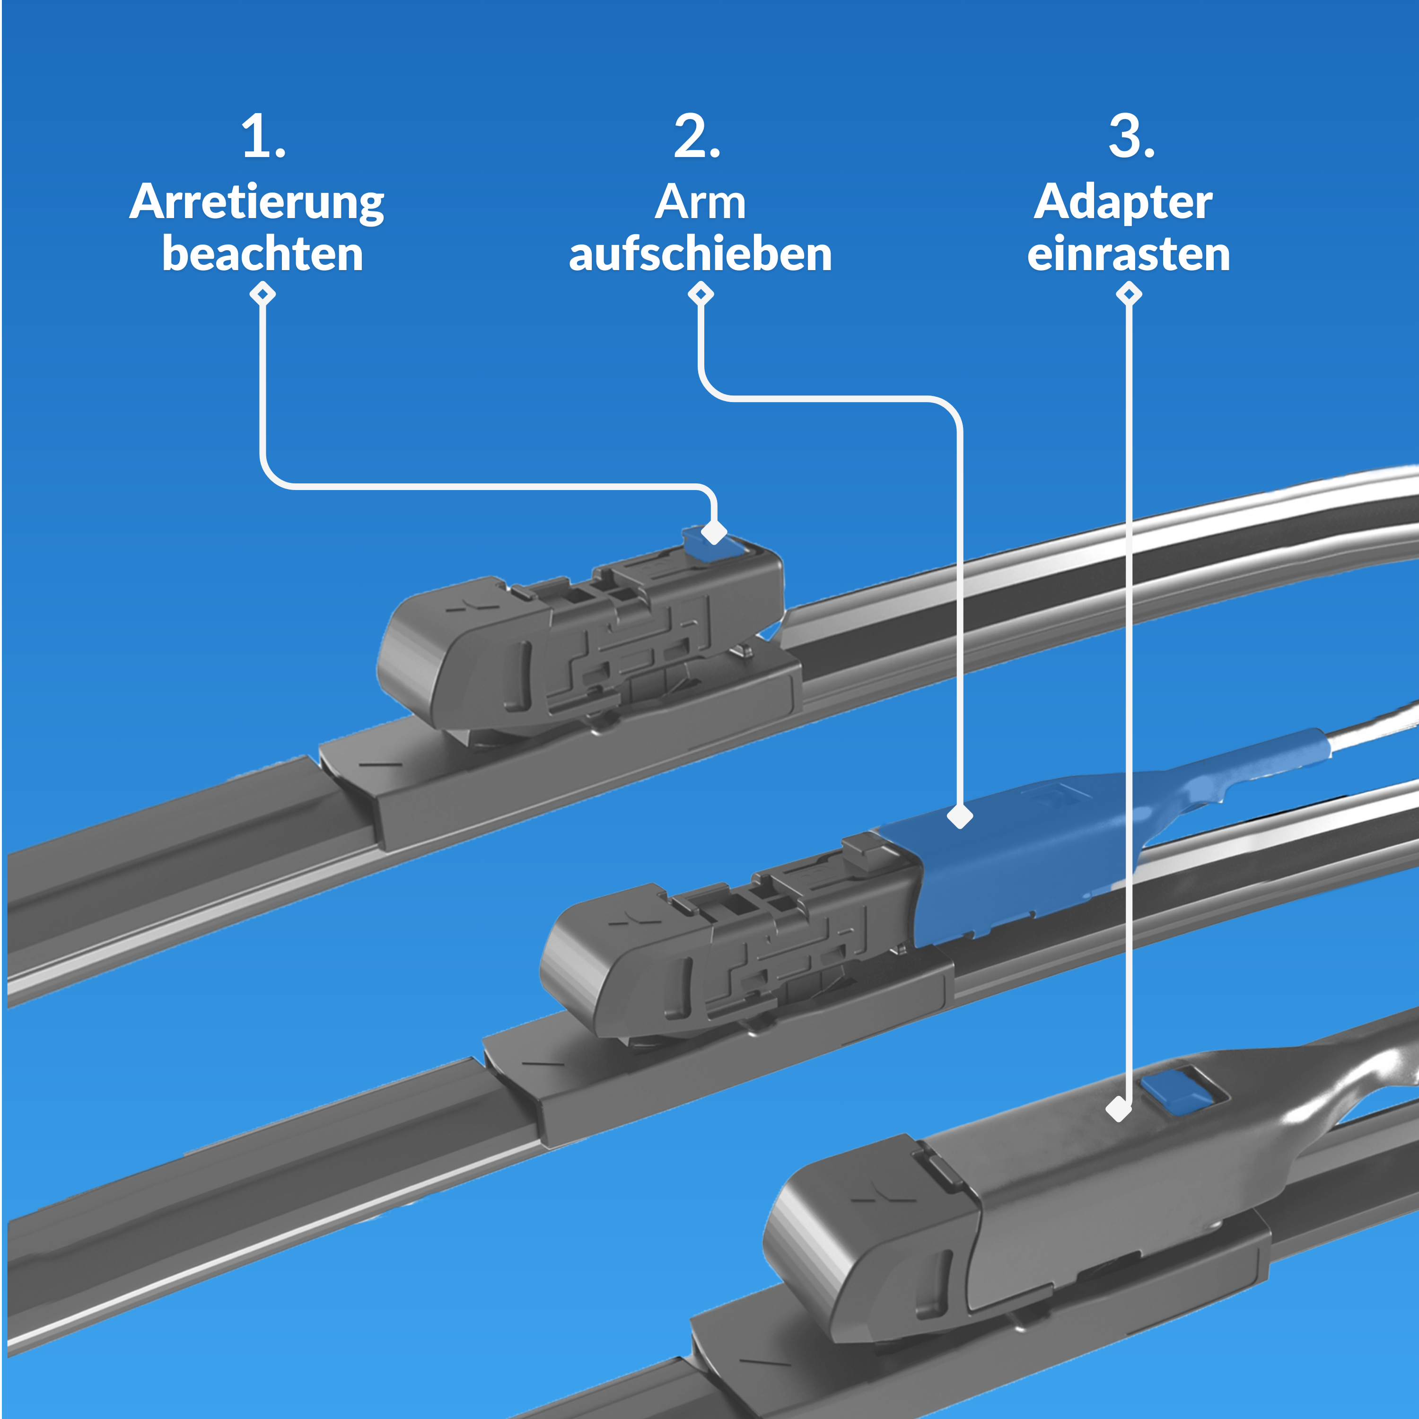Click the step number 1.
[x=263, y=137]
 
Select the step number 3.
[x=1131, y=137]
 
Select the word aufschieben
[x=700, y=254]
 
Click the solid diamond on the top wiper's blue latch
[x=714, y=532]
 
